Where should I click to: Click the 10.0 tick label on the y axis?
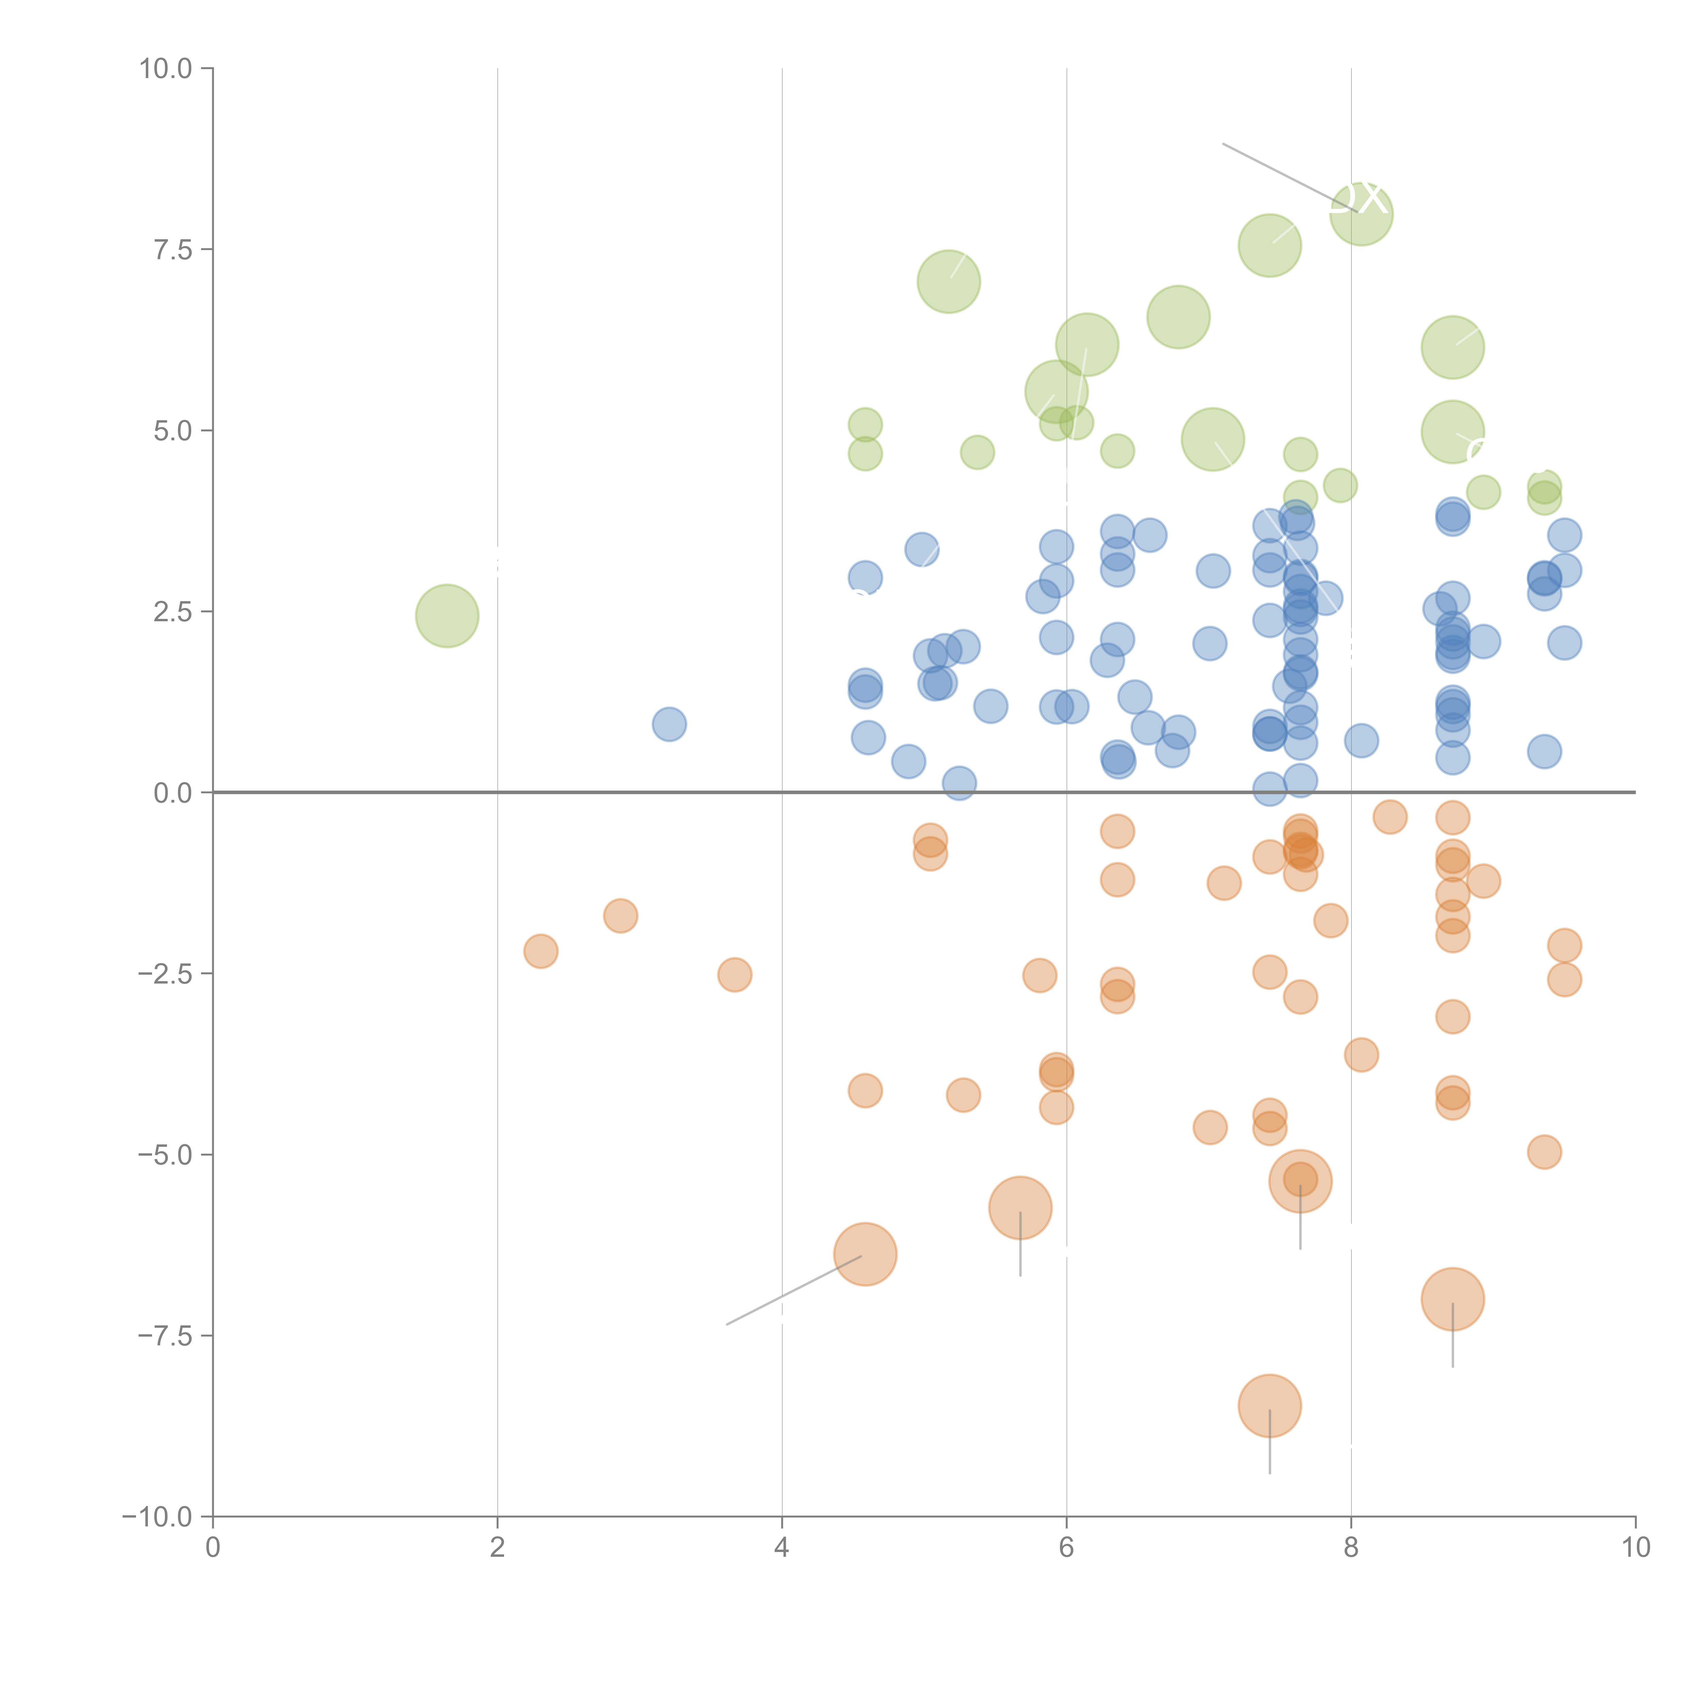166,69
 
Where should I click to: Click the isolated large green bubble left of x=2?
447,615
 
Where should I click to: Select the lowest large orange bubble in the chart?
1269,1406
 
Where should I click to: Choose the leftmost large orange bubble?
865,1254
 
